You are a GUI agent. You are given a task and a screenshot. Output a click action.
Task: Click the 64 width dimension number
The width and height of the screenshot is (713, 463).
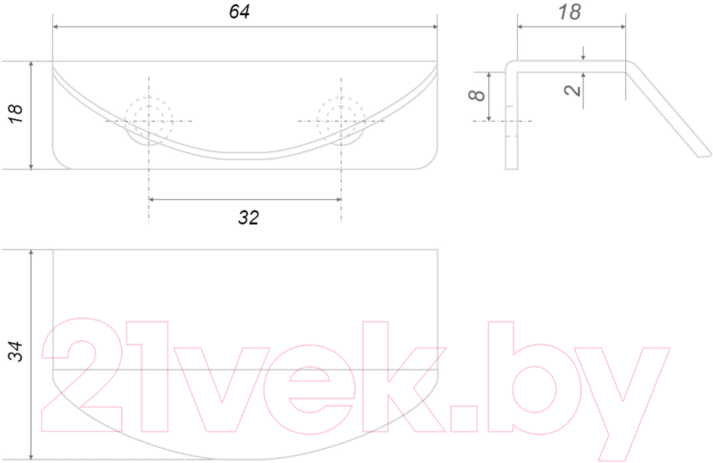tap(239, 12)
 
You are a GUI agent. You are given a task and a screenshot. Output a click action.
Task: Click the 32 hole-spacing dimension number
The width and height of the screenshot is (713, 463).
tap(249, 218)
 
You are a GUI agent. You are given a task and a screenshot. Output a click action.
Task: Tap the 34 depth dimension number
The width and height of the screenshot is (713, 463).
tap(15, 351)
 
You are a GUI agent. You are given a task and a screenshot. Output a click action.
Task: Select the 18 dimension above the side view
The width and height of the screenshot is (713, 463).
tap(570, 12)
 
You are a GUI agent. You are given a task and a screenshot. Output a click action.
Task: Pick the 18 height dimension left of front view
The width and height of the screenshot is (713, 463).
tap(15, 114)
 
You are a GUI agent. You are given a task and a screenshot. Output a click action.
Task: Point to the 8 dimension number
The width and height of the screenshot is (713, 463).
tap(476, 95)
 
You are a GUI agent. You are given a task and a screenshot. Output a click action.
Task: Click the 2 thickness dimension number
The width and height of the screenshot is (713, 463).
tap(572, 91)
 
